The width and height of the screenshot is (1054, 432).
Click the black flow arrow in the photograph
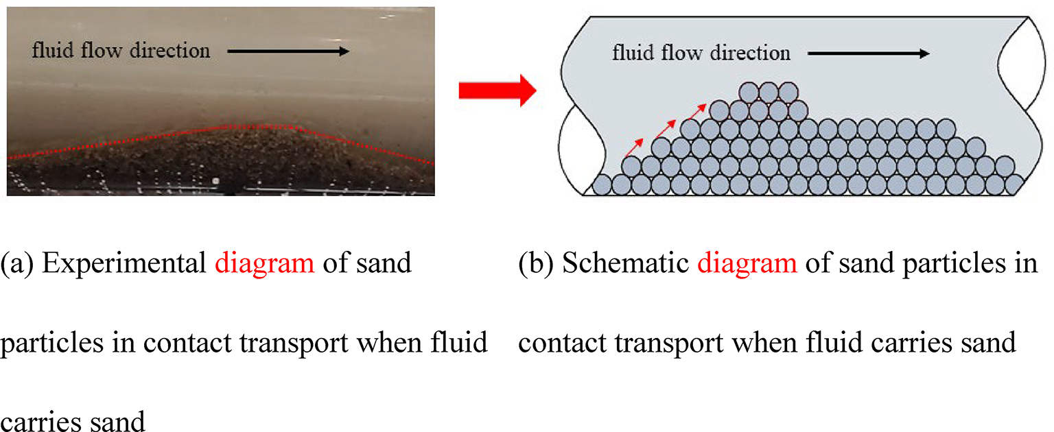288,51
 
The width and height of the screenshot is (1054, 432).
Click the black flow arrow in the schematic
868,54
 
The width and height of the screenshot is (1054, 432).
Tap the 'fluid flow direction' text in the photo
121,51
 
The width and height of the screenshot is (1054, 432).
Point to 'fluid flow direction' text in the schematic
701,53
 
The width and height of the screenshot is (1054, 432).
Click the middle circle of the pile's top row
769,91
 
